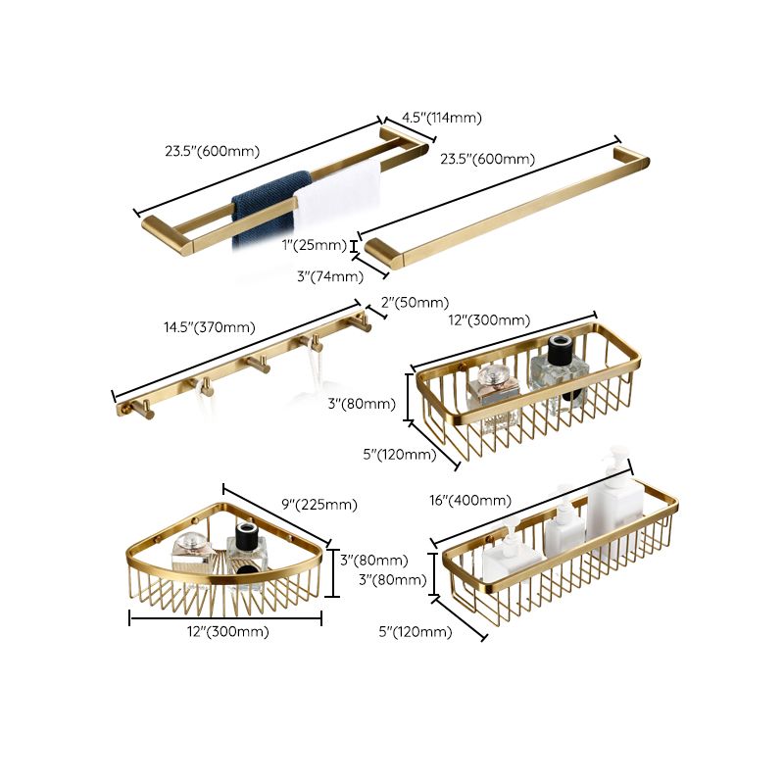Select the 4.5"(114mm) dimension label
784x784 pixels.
pyautogui.click(x=439, y=118)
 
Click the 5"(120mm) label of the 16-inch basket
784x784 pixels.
pyautogui.click(x=416, y=632)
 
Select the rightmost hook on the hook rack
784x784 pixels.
pyautogui.click(x=363, y=323)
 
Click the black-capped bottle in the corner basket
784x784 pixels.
pyautogui.click(x=245, y=549)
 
